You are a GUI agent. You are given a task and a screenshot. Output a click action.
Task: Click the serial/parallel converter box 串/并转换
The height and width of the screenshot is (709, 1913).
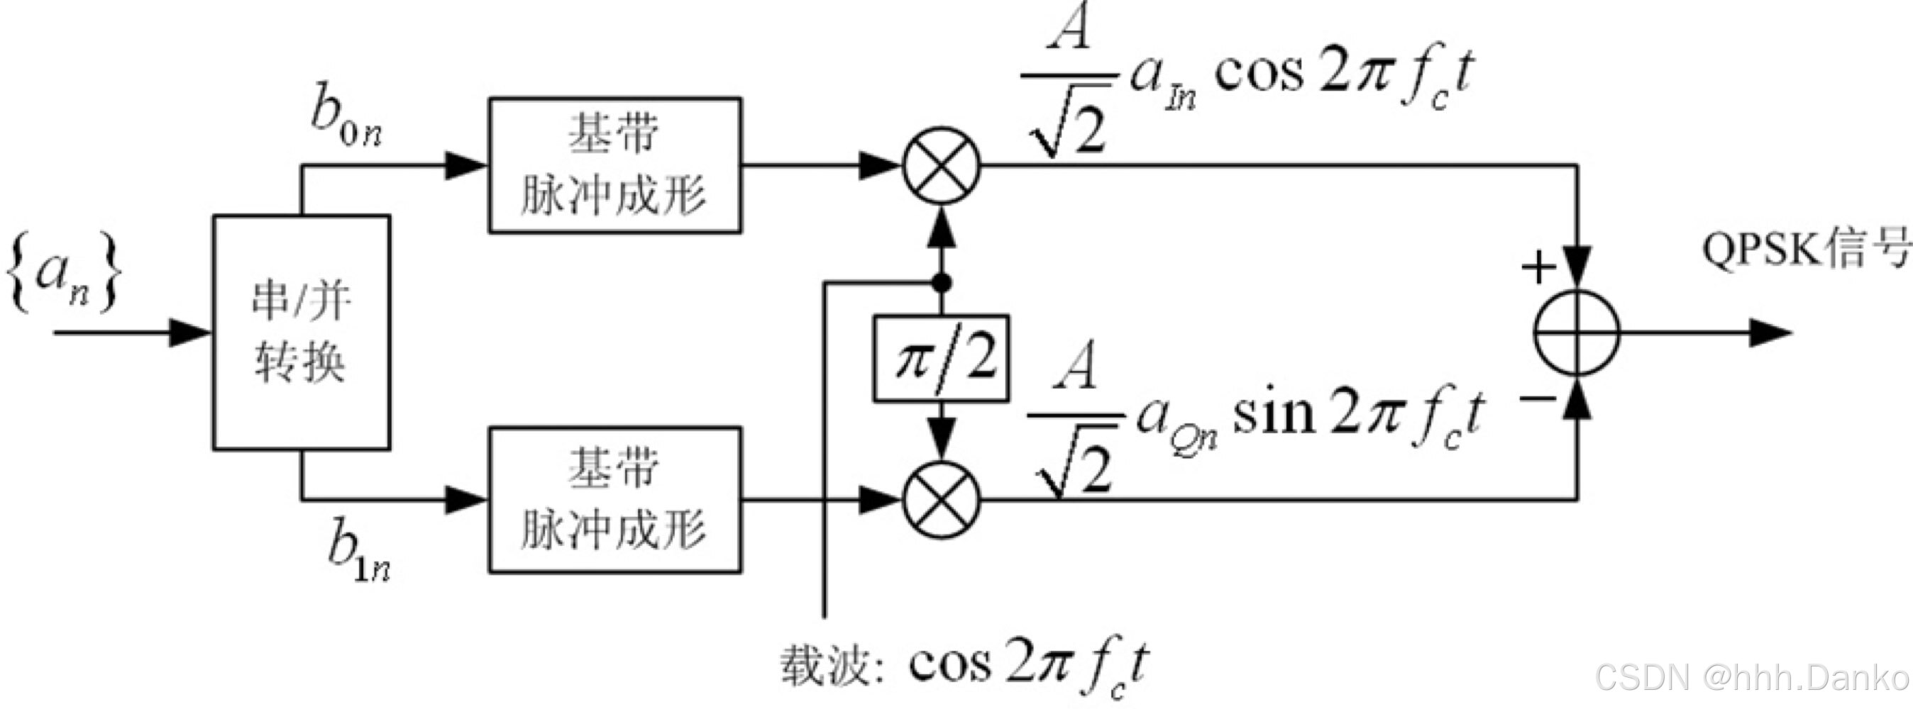point(302,333)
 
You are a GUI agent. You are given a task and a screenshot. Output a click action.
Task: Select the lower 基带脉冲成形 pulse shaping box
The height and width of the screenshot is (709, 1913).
point(615,500)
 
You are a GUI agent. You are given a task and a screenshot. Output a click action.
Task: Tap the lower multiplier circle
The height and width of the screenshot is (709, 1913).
point(942,500)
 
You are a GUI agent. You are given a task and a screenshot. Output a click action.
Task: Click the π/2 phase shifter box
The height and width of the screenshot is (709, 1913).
point(941,359)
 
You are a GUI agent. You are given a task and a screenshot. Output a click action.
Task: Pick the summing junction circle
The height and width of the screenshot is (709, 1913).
point(1577,333)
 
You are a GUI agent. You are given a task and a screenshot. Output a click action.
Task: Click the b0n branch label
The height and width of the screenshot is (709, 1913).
point(346,123)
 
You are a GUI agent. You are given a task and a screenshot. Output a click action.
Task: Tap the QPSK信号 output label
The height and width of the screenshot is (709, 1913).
point(1804,249)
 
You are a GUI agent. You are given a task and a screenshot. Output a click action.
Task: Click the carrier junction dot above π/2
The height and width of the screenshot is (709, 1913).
point(942,283)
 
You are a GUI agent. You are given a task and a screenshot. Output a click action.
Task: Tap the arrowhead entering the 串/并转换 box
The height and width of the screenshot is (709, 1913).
point(192,333)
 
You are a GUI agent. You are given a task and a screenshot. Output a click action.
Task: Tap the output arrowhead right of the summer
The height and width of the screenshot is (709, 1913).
point(1770,333)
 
